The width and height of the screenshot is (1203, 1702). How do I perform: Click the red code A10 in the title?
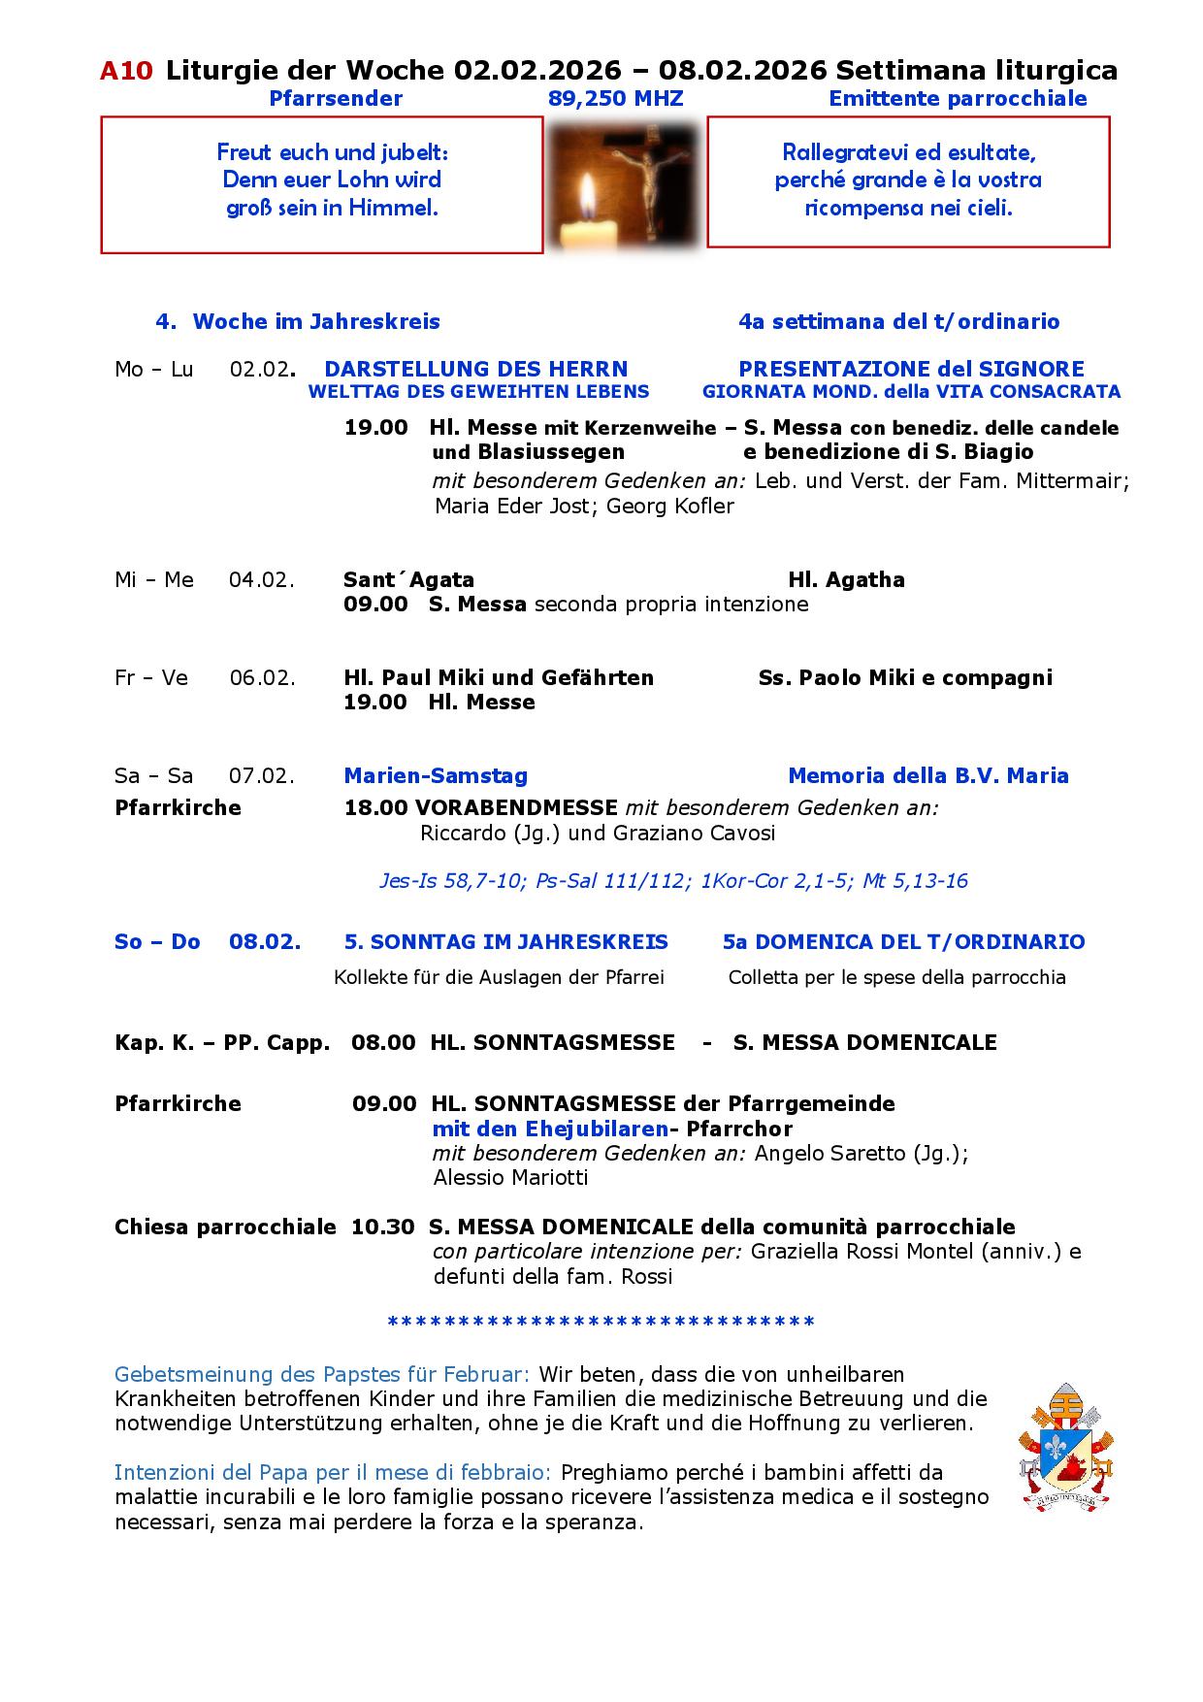(x=126, y=71)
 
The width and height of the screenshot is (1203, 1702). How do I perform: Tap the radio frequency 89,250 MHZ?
(x=615, y=99)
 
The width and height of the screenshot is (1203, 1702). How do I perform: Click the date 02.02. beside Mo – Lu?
(x=261, y=370)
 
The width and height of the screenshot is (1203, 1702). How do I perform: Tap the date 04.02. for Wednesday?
(x=261, y=580)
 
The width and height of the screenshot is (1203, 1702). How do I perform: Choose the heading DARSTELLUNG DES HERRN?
(x=476, y=370)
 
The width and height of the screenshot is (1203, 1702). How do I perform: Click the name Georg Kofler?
(x=669, y=507)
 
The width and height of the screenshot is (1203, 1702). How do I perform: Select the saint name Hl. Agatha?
(x=846, y=580)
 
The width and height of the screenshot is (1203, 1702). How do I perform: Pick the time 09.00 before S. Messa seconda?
(x=375, y=605)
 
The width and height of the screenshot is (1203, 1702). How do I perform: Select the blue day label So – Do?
(x=157, y=942)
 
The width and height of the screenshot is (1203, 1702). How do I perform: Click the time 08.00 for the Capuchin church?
(x=383, y=1043)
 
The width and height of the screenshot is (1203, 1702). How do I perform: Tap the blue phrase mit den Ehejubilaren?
(x=550, y=1129)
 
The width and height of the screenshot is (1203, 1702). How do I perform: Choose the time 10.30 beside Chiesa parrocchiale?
(x=382, y=1227)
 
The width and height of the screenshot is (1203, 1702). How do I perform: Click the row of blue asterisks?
(x=601, y=1323)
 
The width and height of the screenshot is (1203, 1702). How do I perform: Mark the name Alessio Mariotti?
(x=510, y=1178)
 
